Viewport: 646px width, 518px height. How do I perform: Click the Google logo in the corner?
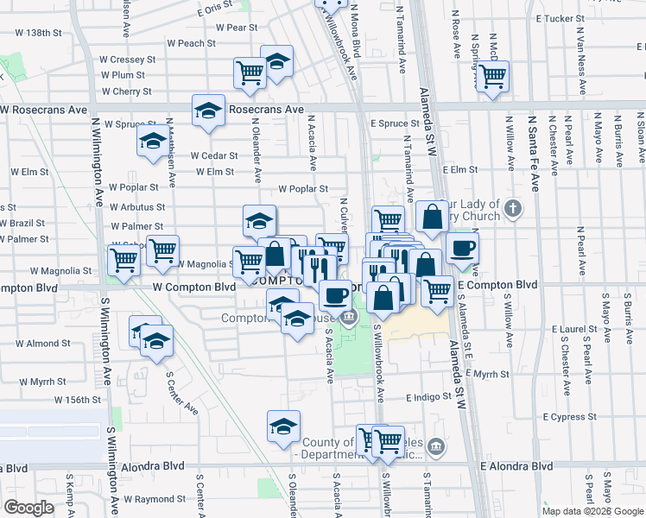pos(29,508)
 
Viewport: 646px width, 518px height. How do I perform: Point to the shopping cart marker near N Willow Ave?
pos(492,76)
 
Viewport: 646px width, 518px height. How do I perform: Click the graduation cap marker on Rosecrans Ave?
pos(208,110)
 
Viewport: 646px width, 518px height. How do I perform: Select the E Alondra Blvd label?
pos(517,466)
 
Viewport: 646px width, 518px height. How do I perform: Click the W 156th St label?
pos(78,400)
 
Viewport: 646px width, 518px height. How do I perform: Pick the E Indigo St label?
pos(428,398)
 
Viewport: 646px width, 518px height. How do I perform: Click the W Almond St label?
pos(43,344)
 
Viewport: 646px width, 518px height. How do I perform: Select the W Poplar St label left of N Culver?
pos(303,189)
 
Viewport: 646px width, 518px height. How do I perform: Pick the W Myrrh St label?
pos(42,381)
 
